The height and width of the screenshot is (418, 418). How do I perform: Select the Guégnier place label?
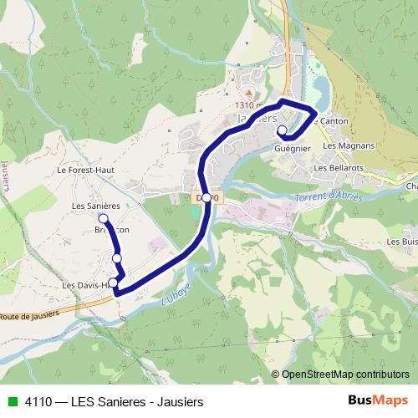[x=293, y=148]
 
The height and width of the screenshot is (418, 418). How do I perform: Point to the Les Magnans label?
[x=348, y=145]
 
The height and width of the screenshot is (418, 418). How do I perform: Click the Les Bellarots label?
[x=338, y=167]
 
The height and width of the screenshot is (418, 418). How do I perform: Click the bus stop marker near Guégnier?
[x=283, y=130]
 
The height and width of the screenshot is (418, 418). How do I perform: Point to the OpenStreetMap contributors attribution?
[x=340, y=374]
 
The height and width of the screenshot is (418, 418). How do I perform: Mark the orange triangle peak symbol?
[x=247, y=92]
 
